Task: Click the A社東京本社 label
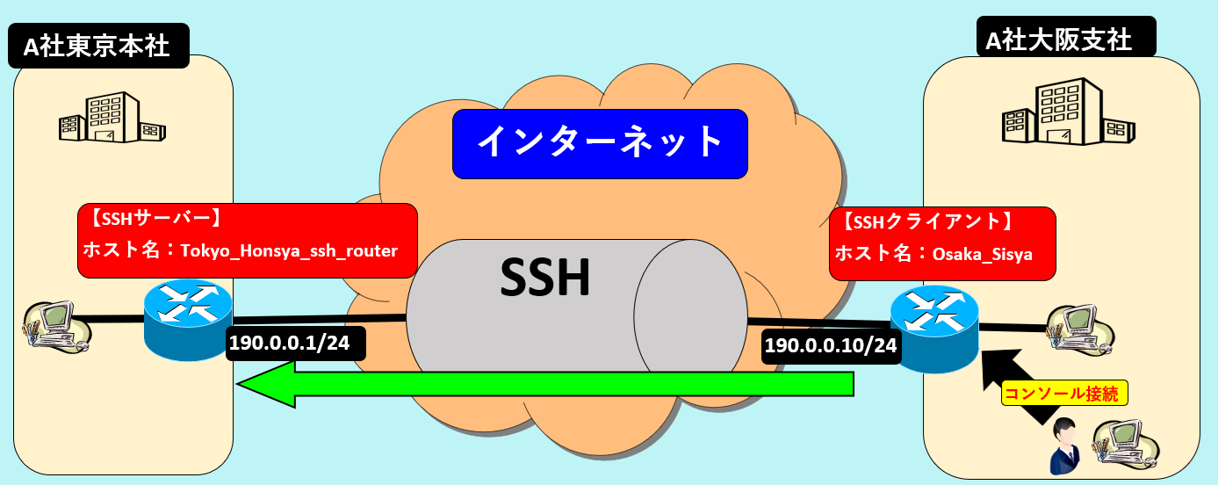97,46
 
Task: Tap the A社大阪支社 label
1065,39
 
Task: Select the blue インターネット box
600,141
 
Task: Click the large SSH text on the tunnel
544,279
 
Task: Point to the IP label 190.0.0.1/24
289,344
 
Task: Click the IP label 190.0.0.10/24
831,345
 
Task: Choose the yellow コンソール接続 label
1064,394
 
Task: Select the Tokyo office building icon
112,118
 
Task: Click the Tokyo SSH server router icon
188,320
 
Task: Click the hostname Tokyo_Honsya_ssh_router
289,250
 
